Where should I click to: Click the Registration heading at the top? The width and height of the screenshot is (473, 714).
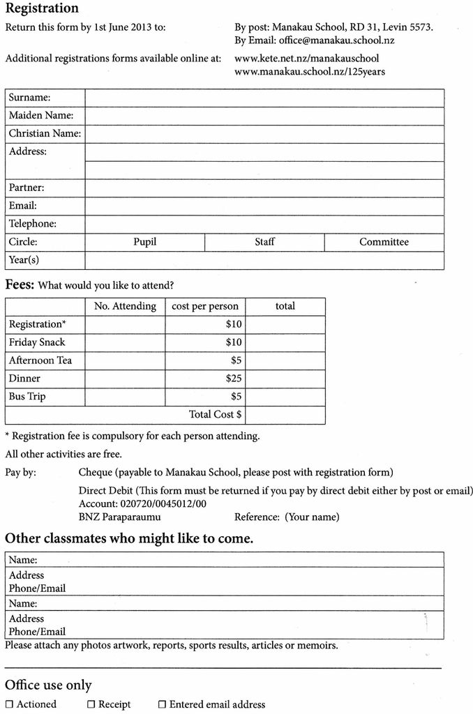point(42,9)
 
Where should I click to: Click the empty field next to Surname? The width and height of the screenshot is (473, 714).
point(264,98)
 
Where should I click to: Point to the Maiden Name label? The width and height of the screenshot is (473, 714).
point(41,116)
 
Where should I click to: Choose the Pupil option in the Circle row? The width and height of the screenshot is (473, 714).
point(144,242)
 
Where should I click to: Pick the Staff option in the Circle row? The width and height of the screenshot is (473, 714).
point(264,242)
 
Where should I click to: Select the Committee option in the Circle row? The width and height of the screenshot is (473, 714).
point(384,242)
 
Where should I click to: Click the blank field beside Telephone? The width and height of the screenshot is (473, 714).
point(264,224)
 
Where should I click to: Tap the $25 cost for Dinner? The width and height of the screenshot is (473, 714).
point(234,379)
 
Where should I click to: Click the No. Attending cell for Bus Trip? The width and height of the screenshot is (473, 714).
point(125,397)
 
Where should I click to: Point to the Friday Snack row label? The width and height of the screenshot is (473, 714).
point(37,342)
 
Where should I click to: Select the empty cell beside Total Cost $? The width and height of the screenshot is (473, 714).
point(285,415)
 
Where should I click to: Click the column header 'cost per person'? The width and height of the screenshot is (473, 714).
point(205,306)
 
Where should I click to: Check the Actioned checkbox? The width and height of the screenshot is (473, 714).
point(9,705)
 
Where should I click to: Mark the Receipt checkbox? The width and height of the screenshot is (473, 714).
point(91,705)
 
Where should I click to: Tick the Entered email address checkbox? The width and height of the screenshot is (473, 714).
point(162,705)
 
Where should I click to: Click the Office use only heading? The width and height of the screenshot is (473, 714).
point(48,685)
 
